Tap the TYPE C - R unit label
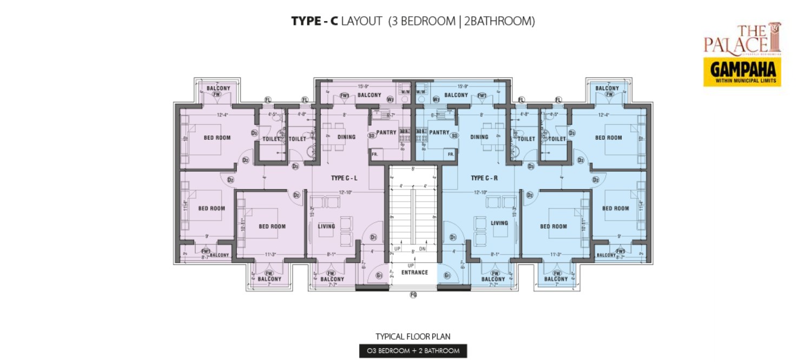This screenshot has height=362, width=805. (x=484, y=178)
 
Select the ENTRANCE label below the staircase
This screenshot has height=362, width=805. (x=414, y=273)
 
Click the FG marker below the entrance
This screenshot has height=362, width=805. (x=413, y=295)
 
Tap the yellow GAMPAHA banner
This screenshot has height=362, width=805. (x=742, y=72)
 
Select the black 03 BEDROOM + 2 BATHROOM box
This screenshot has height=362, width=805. (x=413, y=351)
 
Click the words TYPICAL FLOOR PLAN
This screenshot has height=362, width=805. (x=413, y=337)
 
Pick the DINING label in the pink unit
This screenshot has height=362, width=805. (x=346, y=137)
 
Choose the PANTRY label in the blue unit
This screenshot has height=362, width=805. (x=439, y=133)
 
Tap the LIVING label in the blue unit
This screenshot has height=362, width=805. (x=499, y=223)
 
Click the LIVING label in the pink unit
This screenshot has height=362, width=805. (x=326, y=226)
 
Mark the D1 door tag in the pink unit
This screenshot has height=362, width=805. (x=373, y=237)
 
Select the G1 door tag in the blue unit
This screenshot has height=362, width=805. (x=447, y=276)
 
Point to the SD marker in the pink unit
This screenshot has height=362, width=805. (x=372, y=135)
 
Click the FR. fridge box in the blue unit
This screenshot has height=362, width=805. (x=450, y=154)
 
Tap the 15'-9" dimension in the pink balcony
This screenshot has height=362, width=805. (x=363, y=86)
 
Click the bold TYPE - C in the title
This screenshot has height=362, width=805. (x=315, y=21)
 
